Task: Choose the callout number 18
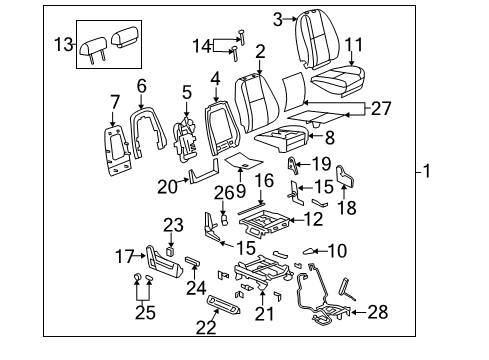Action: point(347,209)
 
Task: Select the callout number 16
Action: point(264,180)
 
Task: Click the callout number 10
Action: point(337,250)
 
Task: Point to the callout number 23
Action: point(174,224)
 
